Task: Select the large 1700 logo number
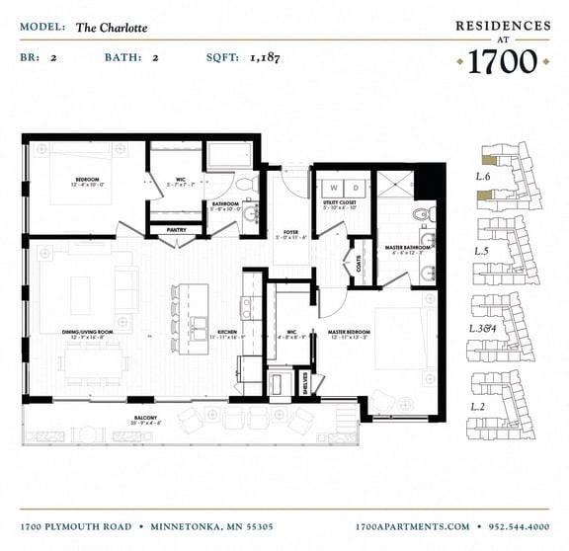point(502,61)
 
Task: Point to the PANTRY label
point(177,230)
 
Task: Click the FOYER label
point(290,232)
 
